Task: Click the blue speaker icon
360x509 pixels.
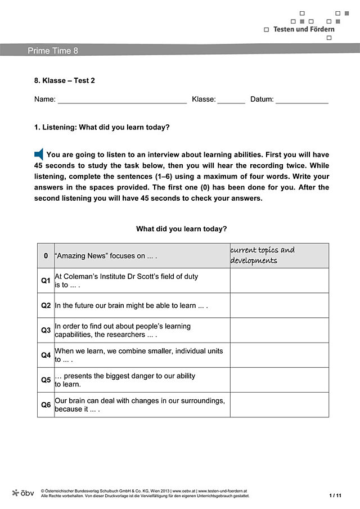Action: click(39, 154)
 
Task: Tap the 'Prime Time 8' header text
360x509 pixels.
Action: click(53, 51)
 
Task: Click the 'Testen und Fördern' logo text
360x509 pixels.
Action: click(304, 29)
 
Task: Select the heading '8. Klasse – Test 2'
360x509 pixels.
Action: click(65, 80)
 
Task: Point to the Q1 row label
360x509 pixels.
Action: click(46, 280)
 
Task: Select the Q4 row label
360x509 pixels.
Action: click(46, 355)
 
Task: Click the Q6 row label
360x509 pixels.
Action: click(46, 404)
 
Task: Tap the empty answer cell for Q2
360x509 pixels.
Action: click(279, 305)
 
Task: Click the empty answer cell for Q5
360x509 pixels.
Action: click(279, 380)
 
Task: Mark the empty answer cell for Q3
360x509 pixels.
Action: click(279, 330)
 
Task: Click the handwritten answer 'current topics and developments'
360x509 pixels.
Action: click(262, 255)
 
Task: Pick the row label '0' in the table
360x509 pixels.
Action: click(46, 256)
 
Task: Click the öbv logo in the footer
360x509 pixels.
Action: click(23, 493)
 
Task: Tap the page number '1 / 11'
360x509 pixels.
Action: click(335, 496)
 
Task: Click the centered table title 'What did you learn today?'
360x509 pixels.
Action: click(182, 229)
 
